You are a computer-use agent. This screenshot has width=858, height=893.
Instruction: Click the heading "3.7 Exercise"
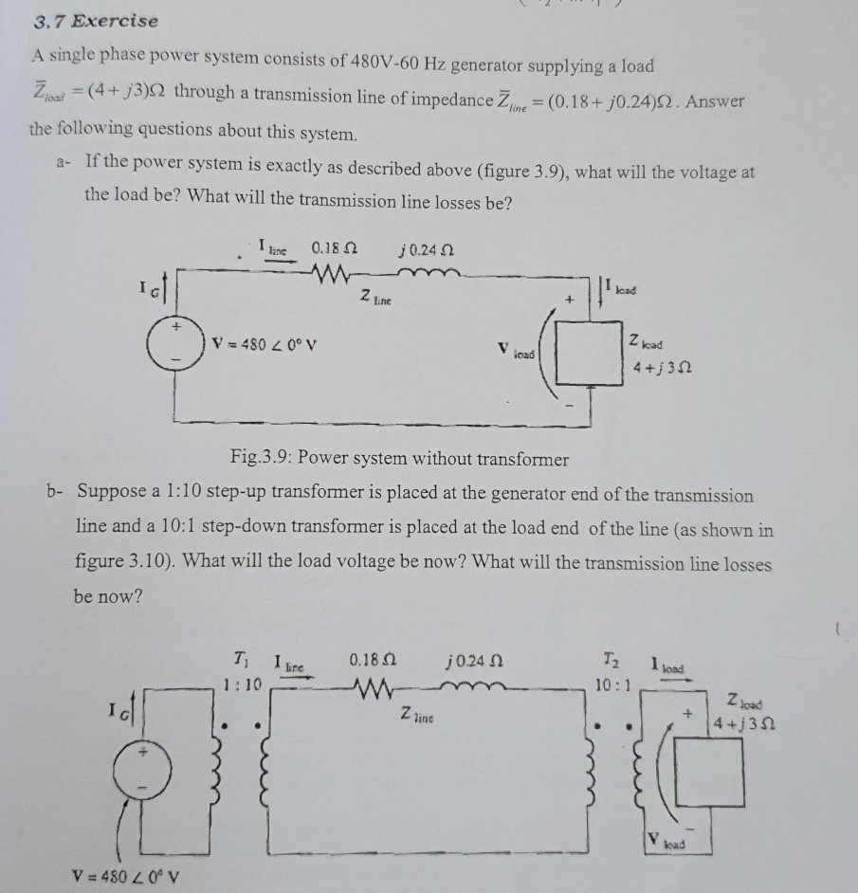[92, 21]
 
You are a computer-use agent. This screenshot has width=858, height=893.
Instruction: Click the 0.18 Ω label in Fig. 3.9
[332, 249]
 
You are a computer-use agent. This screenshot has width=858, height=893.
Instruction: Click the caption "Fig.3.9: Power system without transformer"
[399, 460]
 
